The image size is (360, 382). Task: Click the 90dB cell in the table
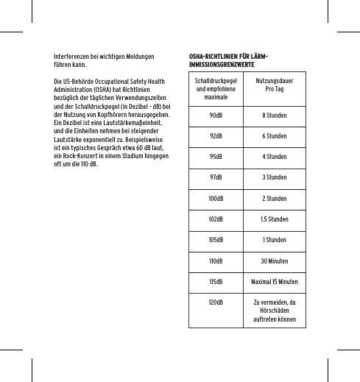[216, 116]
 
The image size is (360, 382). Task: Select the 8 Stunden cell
[274, 116]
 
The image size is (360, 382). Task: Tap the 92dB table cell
[216, 136]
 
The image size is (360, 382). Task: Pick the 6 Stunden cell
[274, 136]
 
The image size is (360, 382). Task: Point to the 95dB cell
[216, 157]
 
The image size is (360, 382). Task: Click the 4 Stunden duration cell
[274, 157]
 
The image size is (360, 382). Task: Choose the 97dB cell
[216, 177]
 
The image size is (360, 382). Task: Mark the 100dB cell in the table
[216, 199]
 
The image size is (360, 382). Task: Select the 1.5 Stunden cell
[274, 219]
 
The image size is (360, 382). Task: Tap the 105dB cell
[216, 240]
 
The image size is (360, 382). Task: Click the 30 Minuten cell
[274, 261]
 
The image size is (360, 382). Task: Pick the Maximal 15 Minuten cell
[274, 281]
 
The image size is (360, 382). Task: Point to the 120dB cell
[216, 302]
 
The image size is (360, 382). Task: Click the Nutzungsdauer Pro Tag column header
[274, 87]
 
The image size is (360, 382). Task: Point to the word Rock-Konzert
[78, 156]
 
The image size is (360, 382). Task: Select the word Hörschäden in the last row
[274, 311]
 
